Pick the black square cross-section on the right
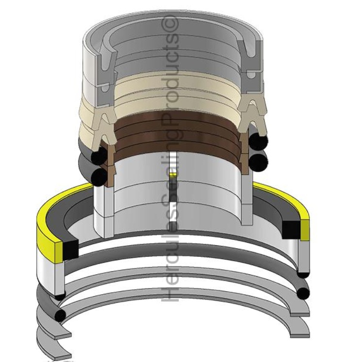(291, 228)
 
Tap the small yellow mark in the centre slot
(179, 173)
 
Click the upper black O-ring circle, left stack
(99, 158)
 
